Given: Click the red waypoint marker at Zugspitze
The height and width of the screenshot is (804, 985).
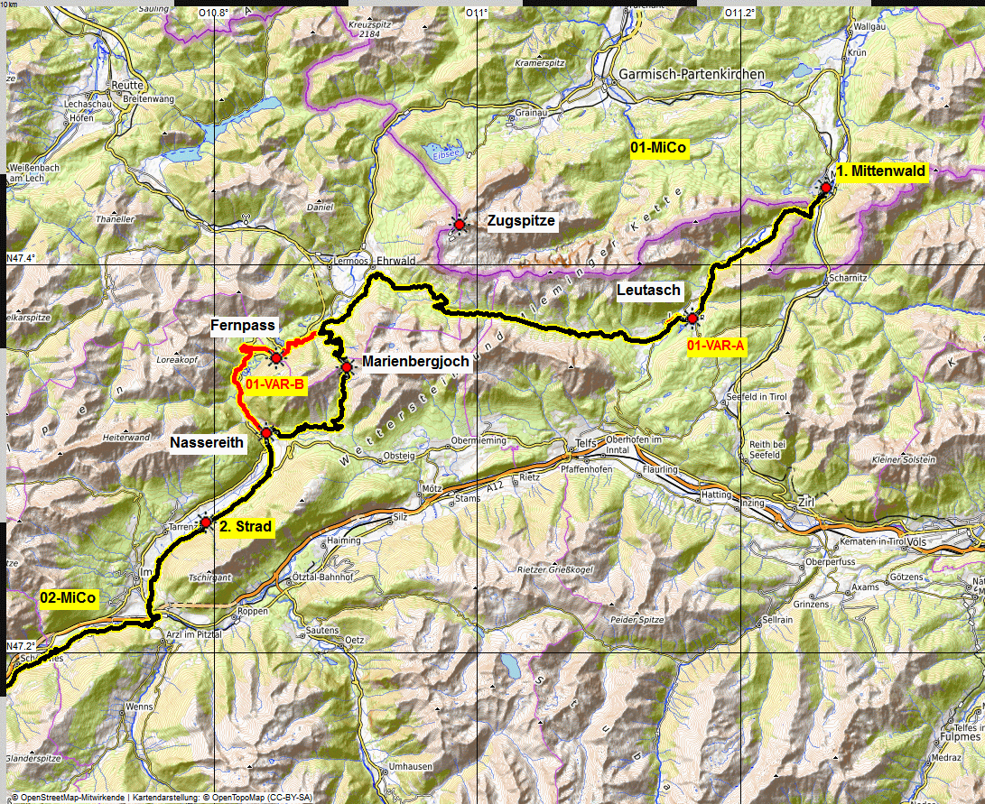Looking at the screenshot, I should (459, 224).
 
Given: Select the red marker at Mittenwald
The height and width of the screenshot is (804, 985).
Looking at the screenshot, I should (825, 188).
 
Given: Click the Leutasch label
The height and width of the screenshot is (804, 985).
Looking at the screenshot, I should (648, 290).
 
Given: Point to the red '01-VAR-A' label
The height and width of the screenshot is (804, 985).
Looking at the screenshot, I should (716, 346).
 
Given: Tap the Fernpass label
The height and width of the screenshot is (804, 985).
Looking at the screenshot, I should (243, 325).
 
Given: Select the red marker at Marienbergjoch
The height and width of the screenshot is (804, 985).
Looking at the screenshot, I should (347, 366).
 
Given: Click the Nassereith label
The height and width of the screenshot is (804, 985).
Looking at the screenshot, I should (208, 443).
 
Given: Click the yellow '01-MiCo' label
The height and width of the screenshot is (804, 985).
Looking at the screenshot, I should (659, 150).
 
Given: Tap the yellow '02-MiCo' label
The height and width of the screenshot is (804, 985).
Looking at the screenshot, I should (68, 597).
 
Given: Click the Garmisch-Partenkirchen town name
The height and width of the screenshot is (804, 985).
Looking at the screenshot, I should (691, 74).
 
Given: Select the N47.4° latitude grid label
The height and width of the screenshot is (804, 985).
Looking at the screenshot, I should (20, 258).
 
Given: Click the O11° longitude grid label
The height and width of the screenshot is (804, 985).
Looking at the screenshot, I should (476, 13).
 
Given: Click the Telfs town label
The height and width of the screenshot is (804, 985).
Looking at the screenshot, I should (587, 443).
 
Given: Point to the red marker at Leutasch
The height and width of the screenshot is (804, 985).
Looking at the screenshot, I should (692, 318).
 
